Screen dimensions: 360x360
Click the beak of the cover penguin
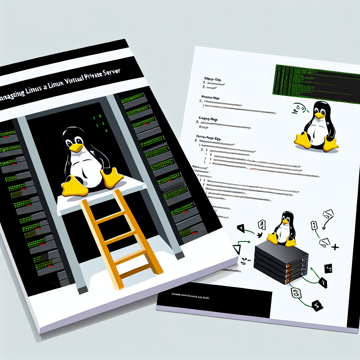(x=76, y=147)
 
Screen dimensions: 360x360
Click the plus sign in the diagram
(x=335, y=247)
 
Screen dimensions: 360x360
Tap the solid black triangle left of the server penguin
(x=241, y=229)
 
